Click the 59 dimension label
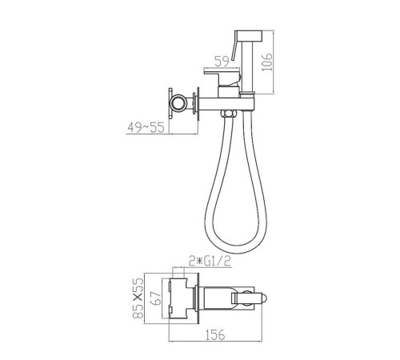click(222, 62)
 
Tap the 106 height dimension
click(266, 62)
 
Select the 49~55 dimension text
click(146, 127)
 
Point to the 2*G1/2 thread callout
click(210, 262)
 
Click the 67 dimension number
click(157, 298)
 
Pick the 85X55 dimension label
click(138, 298)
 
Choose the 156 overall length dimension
click(215, 334)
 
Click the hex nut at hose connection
click(229, 114)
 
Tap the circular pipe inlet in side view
click(178, 103)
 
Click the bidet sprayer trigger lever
click(235, 46)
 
